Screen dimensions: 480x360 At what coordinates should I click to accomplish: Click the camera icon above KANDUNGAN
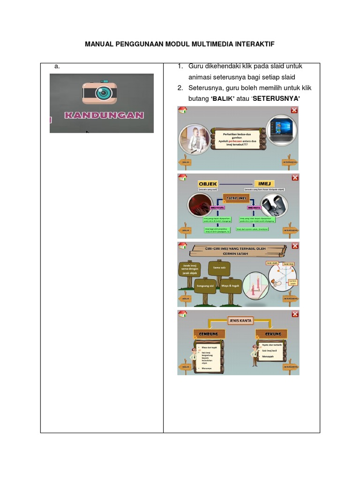point(100,93)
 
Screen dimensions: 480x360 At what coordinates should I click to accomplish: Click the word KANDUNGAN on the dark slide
point(104,115)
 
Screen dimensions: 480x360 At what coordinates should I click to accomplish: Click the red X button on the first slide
point(294,110)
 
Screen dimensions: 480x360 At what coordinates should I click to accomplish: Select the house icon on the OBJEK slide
point(182,178)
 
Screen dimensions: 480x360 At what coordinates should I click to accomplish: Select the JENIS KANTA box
point(240,321)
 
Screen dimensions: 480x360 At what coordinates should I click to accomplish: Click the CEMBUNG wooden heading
point(208,334)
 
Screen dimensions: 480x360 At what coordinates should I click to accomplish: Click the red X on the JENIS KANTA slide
point(294,314)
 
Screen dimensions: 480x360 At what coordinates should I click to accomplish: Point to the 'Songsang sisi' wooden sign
point(205,285)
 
